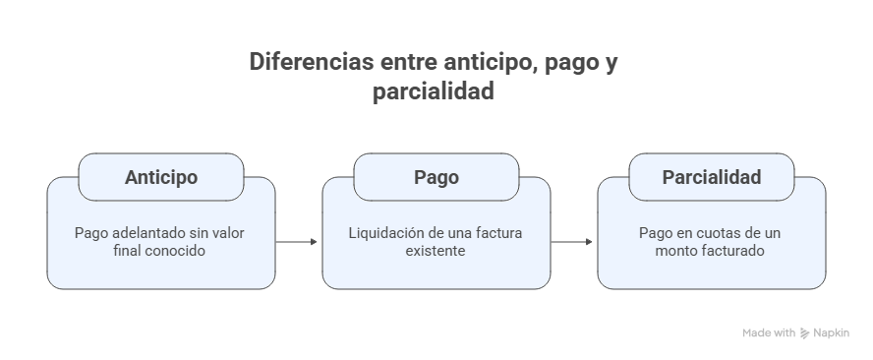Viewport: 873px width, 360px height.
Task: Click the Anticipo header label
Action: tap(161, 178)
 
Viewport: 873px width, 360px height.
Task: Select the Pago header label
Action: tap(436, 178)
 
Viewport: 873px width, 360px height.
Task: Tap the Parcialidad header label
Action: tap(711, 178)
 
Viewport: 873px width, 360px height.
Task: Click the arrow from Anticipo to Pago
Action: tap(298, 241)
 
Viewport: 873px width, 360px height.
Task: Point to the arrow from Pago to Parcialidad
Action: tap(573, 241)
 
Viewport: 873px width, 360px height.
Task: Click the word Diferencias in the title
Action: tap(309, 63)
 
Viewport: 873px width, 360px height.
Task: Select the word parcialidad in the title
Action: tap(433, 93)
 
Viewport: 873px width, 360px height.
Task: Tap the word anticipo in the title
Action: tap(477, 63)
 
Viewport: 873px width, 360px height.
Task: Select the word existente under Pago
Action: tap(436, 252)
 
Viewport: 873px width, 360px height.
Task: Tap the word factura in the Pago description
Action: tap(498, 234)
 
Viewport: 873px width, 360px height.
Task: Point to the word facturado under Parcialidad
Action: tap(732, 252)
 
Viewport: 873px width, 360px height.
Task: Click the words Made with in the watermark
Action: tap(769, 333)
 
